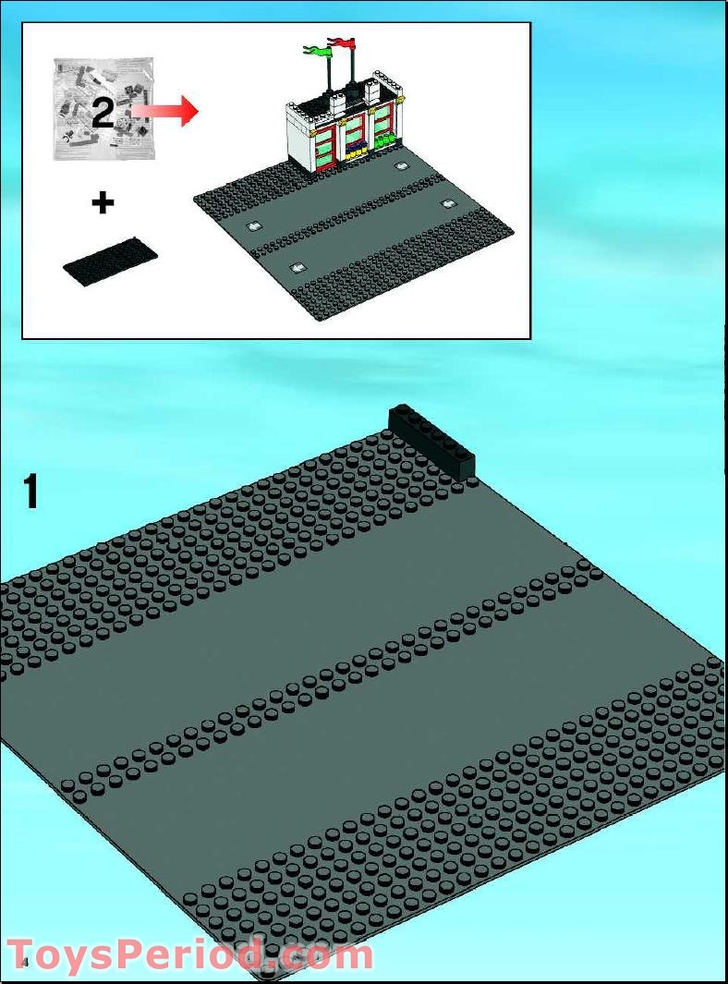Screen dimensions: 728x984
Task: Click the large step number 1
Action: [30, 492]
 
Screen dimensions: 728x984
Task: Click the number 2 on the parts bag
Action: [103, 113]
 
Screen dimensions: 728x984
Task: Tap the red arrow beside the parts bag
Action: [165, 111]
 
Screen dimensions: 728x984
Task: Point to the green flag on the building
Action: [318, 50]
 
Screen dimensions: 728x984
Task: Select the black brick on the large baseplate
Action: [431, 443]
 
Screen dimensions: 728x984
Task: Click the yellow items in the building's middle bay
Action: [358, 152]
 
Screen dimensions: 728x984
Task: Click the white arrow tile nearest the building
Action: [402, 166]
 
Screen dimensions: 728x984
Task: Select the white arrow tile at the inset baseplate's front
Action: [298, 268]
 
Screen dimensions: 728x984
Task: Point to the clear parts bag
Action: [104, 109]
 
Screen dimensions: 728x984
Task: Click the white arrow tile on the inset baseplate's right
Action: [448, 203]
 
